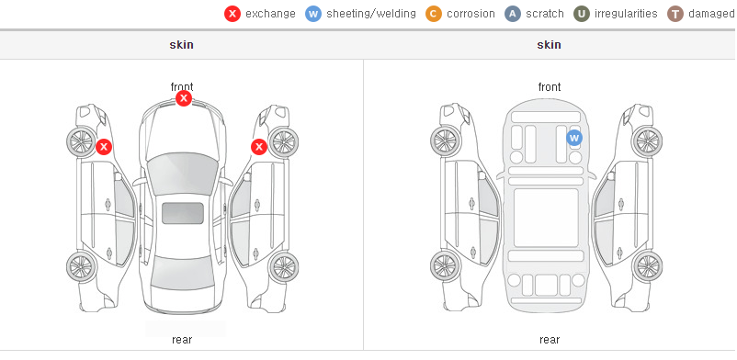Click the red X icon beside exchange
(232, 14)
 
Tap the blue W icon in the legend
(313, 14)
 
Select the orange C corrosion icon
(434, 14)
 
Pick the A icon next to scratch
(513, 14)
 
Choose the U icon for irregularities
(582, 14)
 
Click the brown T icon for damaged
(675, 14)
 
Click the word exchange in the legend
(270, 14)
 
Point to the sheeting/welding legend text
(371, 14)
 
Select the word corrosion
(471, 14)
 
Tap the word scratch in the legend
(545, 14)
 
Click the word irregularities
(626, 14)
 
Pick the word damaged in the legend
(712, 14)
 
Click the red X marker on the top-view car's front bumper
(184, 98)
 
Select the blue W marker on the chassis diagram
(574, 138)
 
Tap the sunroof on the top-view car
(183, 213)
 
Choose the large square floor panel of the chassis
(546, 218)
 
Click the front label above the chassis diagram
(550, 87)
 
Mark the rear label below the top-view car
(182, 339)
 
